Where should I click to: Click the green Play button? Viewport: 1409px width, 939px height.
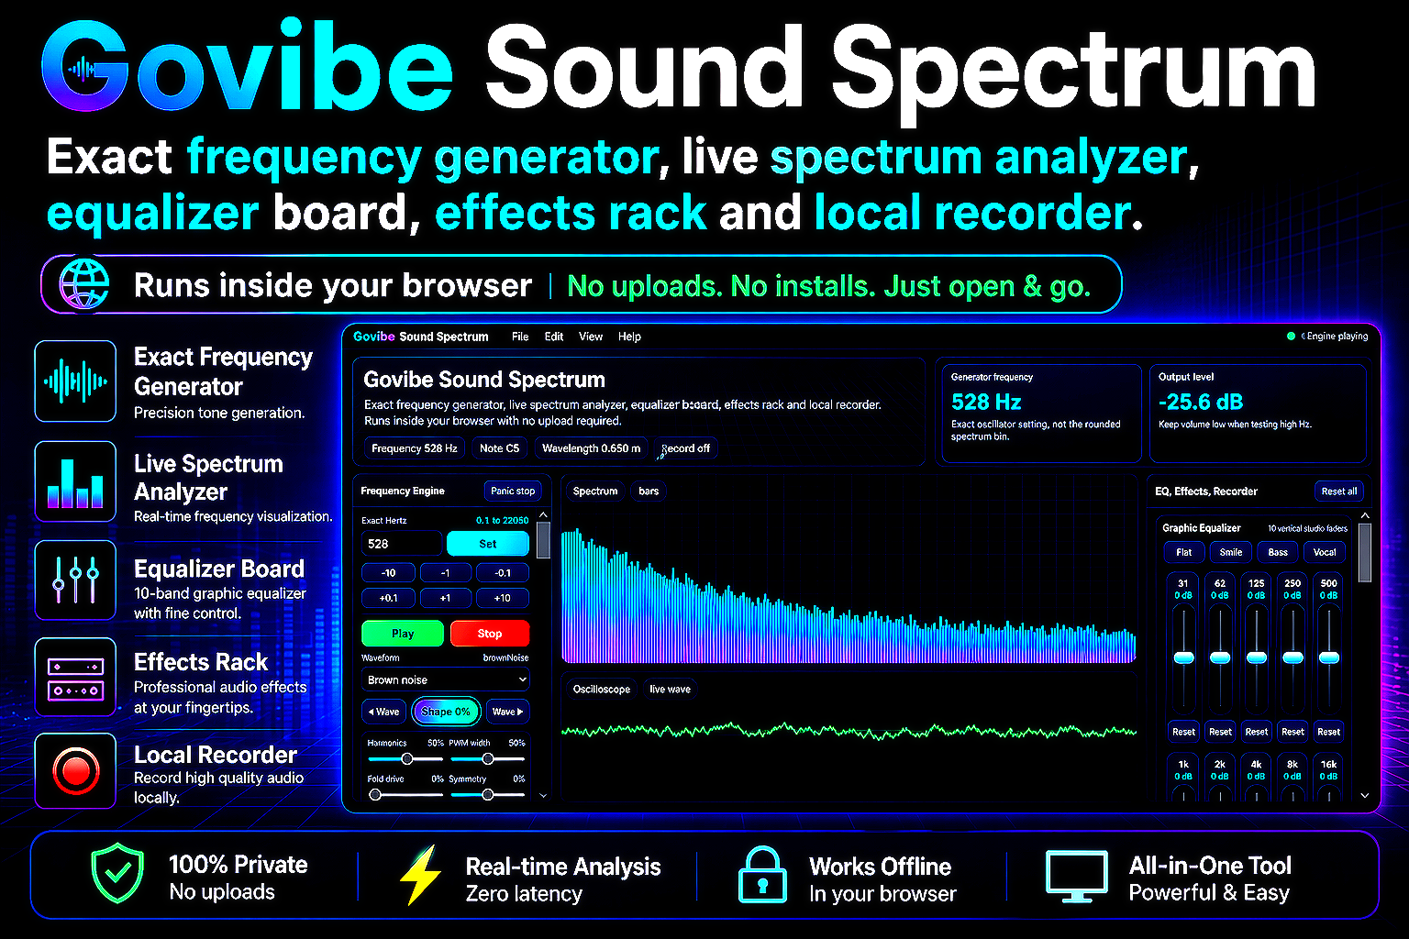(x=403, y=634)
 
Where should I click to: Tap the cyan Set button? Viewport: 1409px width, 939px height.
(x=487, y=544)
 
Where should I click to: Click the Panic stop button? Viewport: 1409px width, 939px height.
(x=513, y=491)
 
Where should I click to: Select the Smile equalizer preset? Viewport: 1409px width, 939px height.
(x=1231, y=552)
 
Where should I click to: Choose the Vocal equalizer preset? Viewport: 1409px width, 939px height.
(x=1324, y=552)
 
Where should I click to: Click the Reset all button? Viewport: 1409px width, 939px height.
(x=1338, y=492)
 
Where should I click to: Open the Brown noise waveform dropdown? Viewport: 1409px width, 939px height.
(x=445, y=679)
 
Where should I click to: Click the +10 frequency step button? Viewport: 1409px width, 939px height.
(x=502, y=598)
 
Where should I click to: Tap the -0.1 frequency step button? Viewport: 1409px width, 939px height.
(x=502, y=573)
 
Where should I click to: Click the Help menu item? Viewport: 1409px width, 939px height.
(x=629, y=337)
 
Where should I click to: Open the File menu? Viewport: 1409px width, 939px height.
(x=520, y=337)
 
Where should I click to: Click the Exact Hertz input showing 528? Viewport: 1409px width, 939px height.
(x=401, y=544)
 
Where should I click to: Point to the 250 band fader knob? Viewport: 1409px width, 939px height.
(x=1293, y=657)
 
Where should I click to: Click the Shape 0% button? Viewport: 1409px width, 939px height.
(x=446, y=712)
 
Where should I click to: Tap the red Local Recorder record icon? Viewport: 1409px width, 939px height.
(x=76, y=770)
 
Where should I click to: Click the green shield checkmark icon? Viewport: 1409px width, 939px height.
(x=117, y=873)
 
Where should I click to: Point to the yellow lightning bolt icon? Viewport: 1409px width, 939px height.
(x=420, y=875)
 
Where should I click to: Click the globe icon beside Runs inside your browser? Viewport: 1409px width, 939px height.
(x=84, y=284)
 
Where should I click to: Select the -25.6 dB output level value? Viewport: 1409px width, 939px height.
(x=1201, y=402)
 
